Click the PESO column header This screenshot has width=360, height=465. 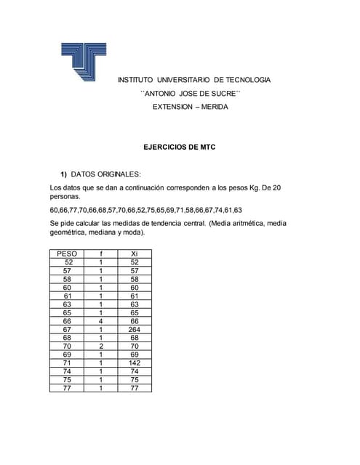click(x=68, y=254)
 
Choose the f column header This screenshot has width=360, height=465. click(x=101, y=254)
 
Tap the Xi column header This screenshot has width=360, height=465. click(x=134, y=254)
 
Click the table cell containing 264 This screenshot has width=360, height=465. click(x=134, y=329)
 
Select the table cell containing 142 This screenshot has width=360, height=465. click(x=134, y=363)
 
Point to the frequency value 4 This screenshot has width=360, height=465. click(x=101, y=320)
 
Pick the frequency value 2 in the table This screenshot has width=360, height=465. click(x=101, y=346)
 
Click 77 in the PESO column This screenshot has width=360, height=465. click(x=68, y=388)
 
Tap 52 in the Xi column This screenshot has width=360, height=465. click(x=134, y=262)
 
